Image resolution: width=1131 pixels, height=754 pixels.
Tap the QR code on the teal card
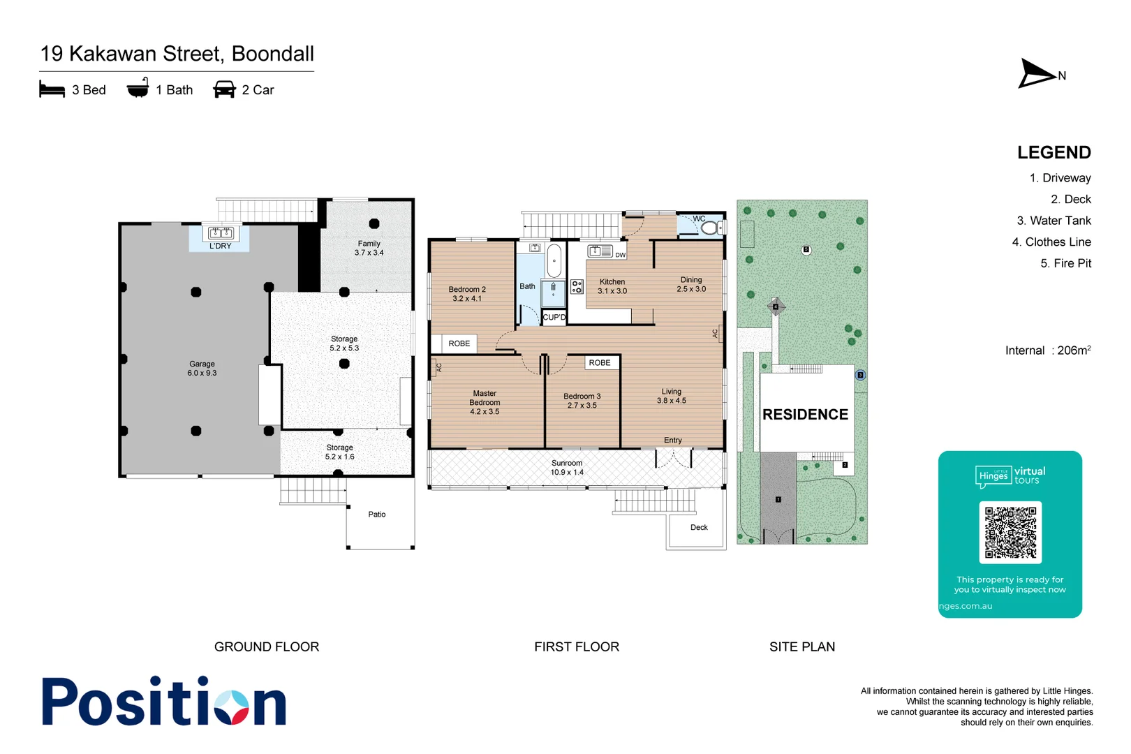pyautogui.click(x=1010, y=533)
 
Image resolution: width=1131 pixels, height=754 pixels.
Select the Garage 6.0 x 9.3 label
pyautogui.click(x=202, y=369)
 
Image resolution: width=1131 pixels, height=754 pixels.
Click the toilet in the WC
pyautogui.click(x=710, y=228)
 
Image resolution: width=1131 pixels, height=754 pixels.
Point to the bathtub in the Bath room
pyautogui.click(x=554, y=261)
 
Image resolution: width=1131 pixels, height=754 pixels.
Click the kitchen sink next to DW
pyautogui.click(x=600, y=251)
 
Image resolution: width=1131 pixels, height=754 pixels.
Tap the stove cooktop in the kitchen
pyautogui.click(x=577, y=286)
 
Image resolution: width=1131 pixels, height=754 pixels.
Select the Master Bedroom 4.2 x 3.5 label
pyautogui.click(x=485, y=403)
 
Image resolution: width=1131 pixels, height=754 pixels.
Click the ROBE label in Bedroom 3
pyautogui.click(x=599, y=363)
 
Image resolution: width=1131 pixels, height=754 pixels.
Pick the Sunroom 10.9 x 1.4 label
pyautogui.click(x=567, y=468)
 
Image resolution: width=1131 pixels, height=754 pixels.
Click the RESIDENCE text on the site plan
pyautogui.click(x=805, y=415)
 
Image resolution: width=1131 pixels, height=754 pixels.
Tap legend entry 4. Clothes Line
pyautogui.click(x=1051, y=242)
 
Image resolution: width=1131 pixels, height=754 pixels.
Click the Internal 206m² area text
pyautogui.click(x=1047, y=350)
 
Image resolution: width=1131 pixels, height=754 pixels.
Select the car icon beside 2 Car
pyautogui.click(x=224, y=90)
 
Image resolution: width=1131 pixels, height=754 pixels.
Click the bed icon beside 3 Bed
pyautogui.click(x=52, y=90)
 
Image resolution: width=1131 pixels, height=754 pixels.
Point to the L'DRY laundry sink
pyautogui.click(x=221, y=233)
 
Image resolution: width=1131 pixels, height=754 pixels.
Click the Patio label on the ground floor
pyautogui.click(x=377, y=515)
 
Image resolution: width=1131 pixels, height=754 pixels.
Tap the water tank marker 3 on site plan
pyautogui.click(x=860, y=375)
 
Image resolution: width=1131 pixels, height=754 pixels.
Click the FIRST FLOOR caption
pyautogui.click(x=577, y=647)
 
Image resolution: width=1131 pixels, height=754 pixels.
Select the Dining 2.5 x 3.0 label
pyautogui.click(x=691, y=284)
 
